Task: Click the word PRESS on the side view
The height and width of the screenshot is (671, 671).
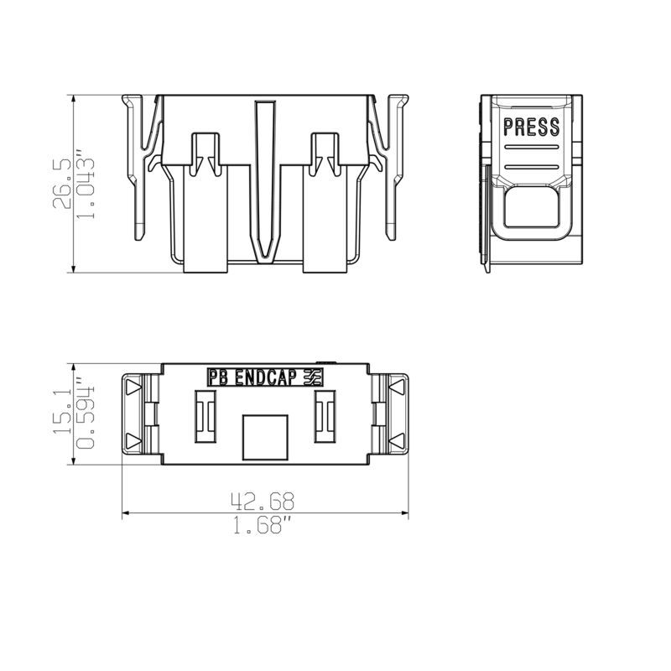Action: [x=531, y=127]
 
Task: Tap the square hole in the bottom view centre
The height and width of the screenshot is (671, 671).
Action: [x=263, y=436]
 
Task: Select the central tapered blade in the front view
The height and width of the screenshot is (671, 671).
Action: [x=265, y=180]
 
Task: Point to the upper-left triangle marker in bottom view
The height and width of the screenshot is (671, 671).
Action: [x=133, y=387]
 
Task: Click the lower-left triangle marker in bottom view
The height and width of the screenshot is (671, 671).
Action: [x=133, y=440]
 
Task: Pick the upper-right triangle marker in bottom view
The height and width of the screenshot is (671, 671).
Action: [x=397, y=387]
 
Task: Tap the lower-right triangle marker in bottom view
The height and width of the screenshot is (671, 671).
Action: [x=397, y=440]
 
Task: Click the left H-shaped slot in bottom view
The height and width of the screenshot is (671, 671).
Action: [x=205, y=417]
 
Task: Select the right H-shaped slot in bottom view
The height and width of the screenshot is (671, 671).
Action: [x=325, y=417]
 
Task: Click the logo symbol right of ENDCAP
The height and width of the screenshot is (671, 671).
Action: [x=313, y=378]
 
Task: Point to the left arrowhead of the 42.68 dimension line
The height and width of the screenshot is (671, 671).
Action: [x=127, y=513]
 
